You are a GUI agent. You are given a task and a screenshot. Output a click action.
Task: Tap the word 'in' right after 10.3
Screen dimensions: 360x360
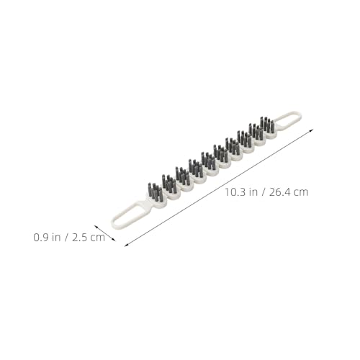pyautogui.click(x=253, y=192)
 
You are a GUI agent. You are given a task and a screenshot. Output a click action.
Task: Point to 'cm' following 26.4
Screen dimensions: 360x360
pyautogui.click(x=301, y=193)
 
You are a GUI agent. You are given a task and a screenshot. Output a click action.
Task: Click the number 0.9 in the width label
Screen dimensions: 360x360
pyautogui.click(x=41, y=238)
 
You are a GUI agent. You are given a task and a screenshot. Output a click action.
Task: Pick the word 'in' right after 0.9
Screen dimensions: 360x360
pyautogui.click(x=56, y=238)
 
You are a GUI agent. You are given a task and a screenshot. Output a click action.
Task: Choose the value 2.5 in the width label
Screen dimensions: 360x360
pyautogui.click(x=79, y=238)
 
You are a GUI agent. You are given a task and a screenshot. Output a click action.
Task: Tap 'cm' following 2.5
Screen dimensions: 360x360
pyautogui.click(x=98, y=238)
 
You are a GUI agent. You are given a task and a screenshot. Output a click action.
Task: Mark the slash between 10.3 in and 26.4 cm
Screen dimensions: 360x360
pyautogui.click(x=263, y=192)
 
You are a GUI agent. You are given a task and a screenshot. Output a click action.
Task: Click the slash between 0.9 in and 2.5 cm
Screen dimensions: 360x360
pyautogui.click(x=66, y=238)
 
